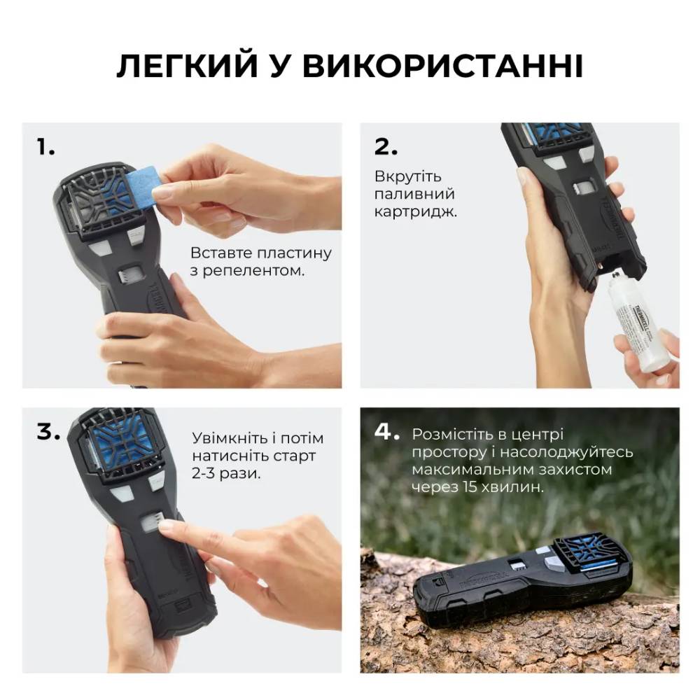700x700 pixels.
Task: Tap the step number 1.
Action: [45, 147]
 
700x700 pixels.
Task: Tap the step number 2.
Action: [386, 147]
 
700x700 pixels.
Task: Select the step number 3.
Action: [48, 432]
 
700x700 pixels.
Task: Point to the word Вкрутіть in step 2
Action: [407, 176]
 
